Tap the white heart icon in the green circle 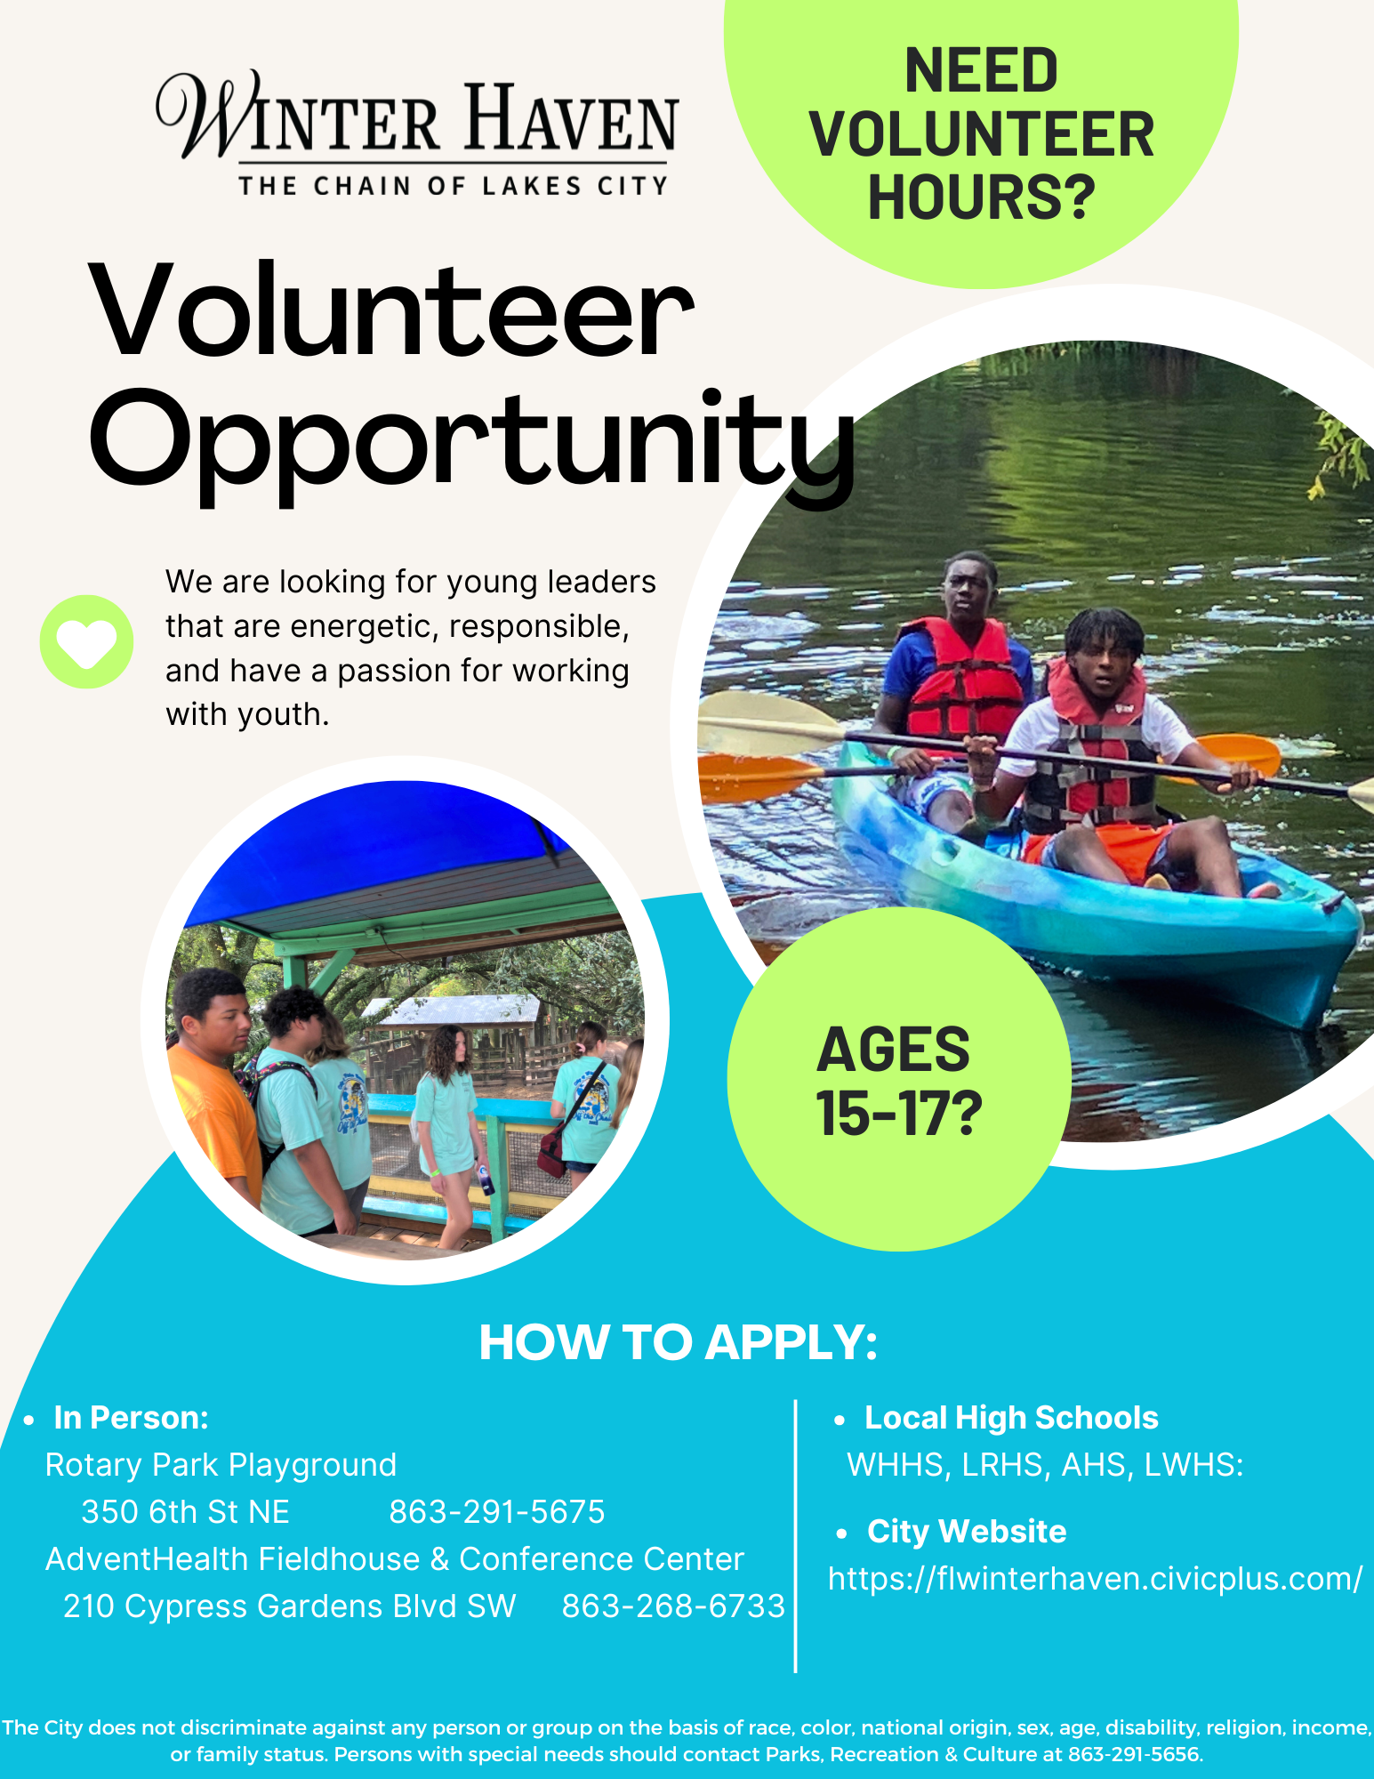pyautogui.click(x=86, y=642)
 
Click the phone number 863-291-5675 pyautogui.click(x=497, y=1512)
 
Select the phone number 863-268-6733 pyautogui.click(x=673, y=1606)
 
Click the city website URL pyautogui.click(x=1095, y=1579)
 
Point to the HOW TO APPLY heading pyautogui.click(x=678, y=1342)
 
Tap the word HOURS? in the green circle pyautogui.click(x=981, y=197)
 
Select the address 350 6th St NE pyautogui.click(x=185, y=1512)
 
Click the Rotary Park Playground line pyautogui.click(x=221, y=1465)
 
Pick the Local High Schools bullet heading pyautogui.click(x=1011, y=1418)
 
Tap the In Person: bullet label pyautogui.click(x=131, y=1418)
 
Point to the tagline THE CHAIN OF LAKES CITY pyautogui.click(x=453, y=186)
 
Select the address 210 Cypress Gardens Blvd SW pyautogui.click(x=290, y=1606)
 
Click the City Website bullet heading pyautogui.click(x=967, y=1532)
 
